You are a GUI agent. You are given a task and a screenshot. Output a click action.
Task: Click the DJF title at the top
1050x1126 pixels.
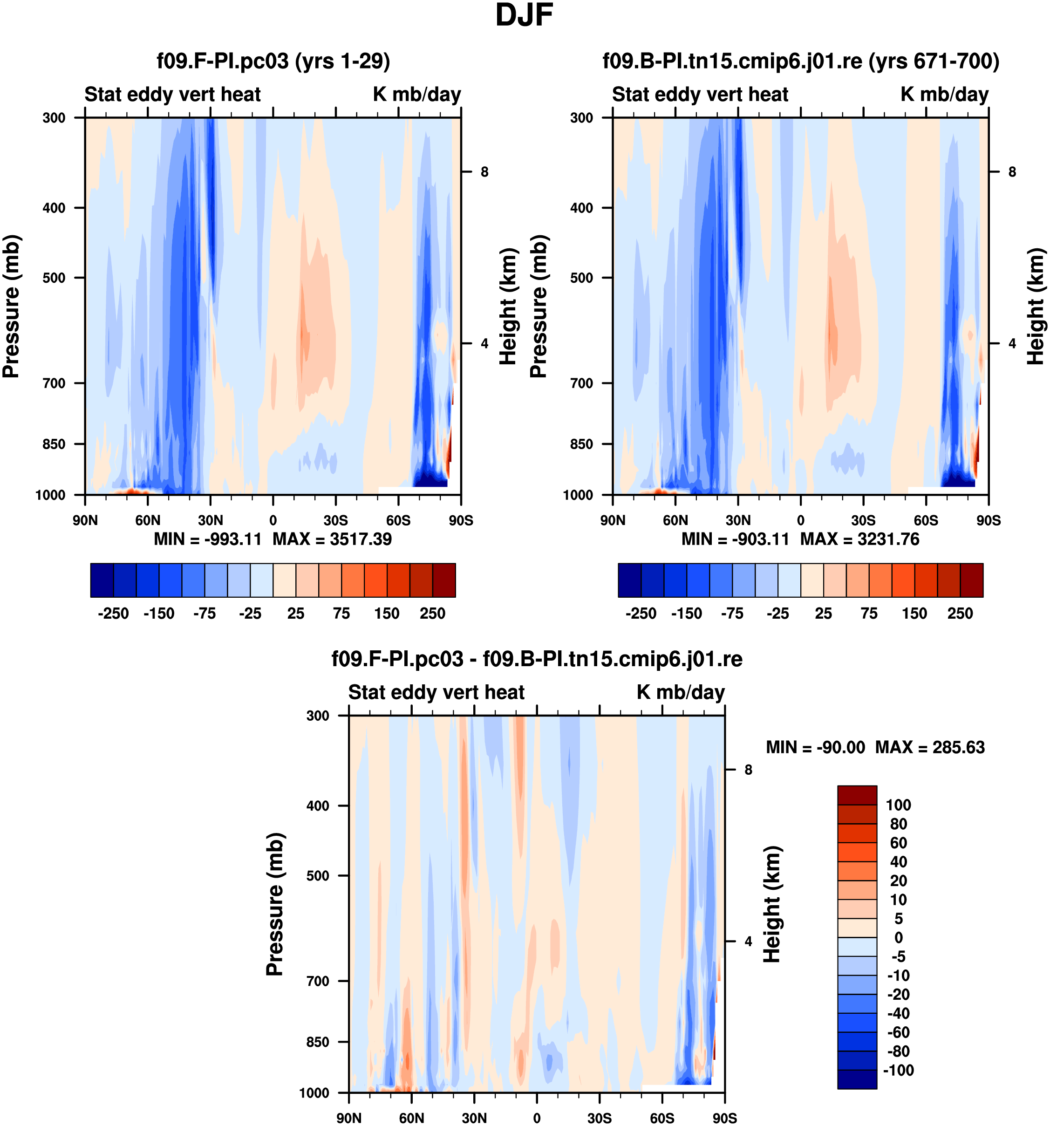coord(524,16)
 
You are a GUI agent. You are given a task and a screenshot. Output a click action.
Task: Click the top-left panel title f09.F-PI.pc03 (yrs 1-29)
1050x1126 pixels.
coord(273,61)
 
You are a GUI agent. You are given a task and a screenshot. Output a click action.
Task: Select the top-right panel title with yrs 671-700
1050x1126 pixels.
coord(800,61)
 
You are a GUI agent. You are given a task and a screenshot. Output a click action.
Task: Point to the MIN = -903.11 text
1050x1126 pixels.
coord(735,539)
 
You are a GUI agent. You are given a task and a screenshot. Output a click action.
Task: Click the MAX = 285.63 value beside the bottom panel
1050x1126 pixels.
coord(929,747)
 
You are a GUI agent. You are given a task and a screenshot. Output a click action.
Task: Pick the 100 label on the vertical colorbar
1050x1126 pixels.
coord(898,805)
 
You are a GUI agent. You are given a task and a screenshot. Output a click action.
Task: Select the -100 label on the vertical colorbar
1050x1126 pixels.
coord(898,1070)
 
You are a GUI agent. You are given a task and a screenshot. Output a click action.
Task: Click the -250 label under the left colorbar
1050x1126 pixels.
coord(113,614)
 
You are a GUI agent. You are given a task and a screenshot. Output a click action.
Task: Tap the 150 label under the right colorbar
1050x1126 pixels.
coord(914,614)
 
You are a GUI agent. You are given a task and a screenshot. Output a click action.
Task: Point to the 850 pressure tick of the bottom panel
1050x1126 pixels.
coord(318,1042)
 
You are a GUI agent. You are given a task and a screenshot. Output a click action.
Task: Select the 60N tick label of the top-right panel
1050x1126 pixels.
coord(675,520)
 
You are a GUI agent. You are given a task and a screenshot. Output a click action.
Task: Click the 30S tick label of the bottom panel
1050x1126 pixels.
coord(599,1118)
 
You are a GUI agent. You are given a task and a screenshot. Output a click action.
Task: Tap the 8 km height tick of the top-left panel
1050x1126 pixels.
coord(484,171)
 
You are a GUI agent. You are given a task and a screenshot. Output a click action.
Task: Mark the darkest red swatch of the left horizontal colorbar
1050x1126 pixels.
coord(444,580)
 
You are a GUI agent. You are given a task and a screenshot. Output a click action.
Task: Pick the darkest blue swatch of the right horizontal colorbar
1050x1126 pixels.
coord(629,580)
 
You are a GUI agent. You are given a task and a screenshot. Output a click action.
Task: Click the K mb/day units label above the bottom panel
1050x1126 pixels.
coord(680,692)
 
